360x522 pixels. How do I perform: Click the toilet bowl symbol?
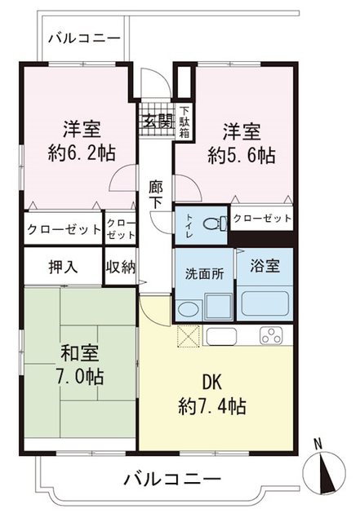(214, 222)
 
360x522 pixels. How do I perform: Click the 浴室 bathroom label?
(264, 266)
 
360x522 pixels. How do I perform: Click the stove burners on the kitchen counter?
(271, 334)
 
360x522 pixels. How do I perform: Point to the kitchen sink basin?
(222, 336)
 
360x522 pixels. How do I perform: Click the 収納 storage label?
(120, 266)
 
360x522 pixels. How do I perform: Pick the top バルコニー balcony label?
(83, 38)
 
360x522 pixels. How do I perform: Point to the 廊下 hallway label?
(155, 193)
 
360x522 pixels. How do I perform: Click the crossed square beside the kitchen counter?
(187, 335)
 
